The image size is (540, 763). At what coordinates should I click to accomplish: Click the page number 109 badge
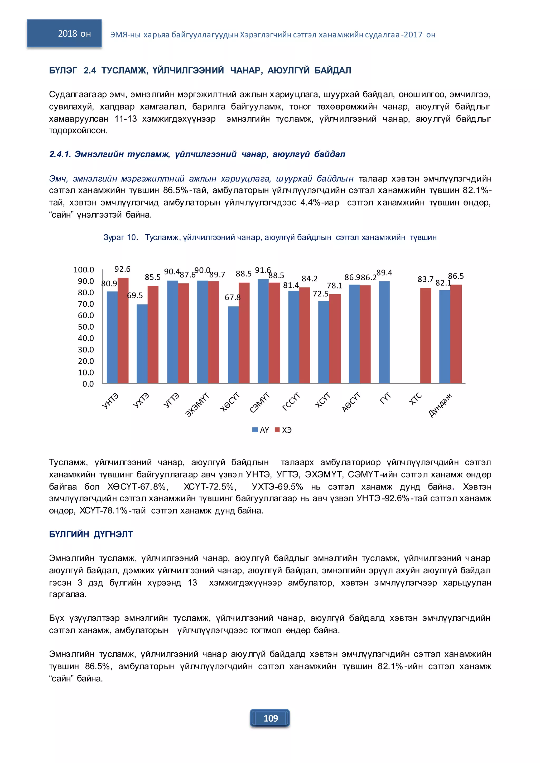tap(270, 718)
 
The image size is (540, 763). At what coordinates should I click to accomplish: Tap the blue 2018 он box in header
tap(64, 33)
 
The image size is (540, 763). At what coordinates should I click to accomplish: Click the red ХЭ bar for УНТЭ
tap(123, 330)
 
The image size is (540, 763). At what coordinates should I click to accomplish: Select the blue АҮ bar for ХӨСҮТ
tap(233, 345)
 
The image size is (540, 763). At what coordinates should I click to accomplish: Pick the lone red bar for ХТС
tap(425, 336)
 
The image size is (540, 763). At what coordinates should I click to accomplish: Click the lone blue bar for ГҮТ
tap(384, 332)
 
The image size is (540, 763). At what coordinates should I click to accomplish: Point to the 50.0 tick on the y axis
tap(86, 327)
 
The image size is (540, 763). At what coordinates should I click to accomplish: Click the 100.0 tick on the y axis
tap(84, 270)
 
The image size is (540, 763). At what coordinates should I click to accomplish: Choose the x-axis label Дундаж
tap(440, 405)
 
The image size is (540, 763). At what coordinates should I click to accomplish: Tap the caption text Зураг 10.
tap(120, 237)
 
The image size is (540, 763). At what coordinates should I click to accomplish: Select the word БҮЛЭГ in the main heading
tap(63, 70)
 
